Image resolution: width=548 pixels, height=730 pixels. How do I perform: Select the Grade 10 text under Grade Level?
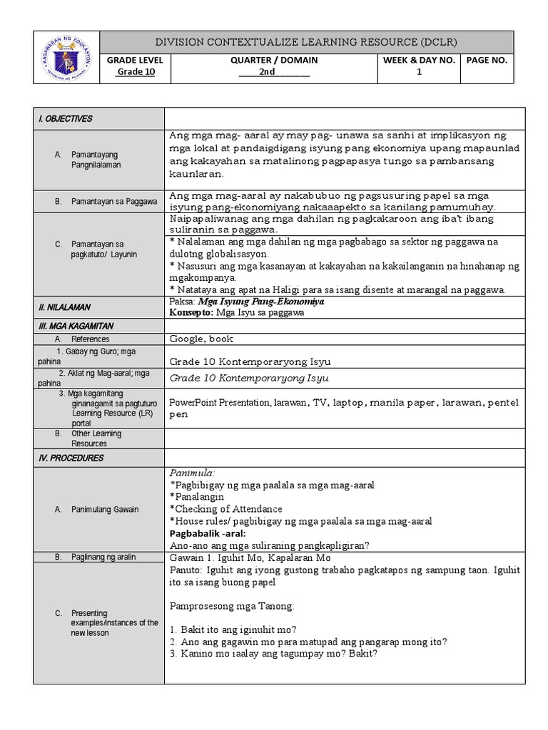click(136, 72)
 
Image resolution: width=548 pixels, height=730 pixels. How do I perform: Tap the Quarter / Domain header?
click(274, 61)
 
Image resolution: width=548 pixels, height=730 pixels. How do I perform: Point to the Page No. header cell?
click(487, 61)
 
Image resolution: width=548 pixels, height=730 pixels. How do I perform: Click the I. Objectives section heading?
click(66, 119)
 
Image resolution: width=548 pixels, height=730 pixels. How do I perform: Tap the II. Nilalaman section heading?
click(64, 307)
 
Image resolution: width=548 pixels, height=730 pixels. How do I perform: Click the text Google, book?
click(201, 339)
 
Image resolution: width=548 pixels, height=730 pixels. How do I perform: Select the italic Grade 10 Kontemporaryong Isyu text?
click(250, 378)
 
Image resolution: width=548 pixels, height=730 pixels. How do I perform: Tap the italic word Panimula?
click(192, 473)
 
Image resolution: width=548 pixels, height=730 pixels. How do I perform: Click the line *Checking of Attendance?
click(226, 509)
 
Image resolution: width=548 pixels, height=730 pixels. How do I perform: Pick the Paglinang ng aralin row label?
click(103, 557)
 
